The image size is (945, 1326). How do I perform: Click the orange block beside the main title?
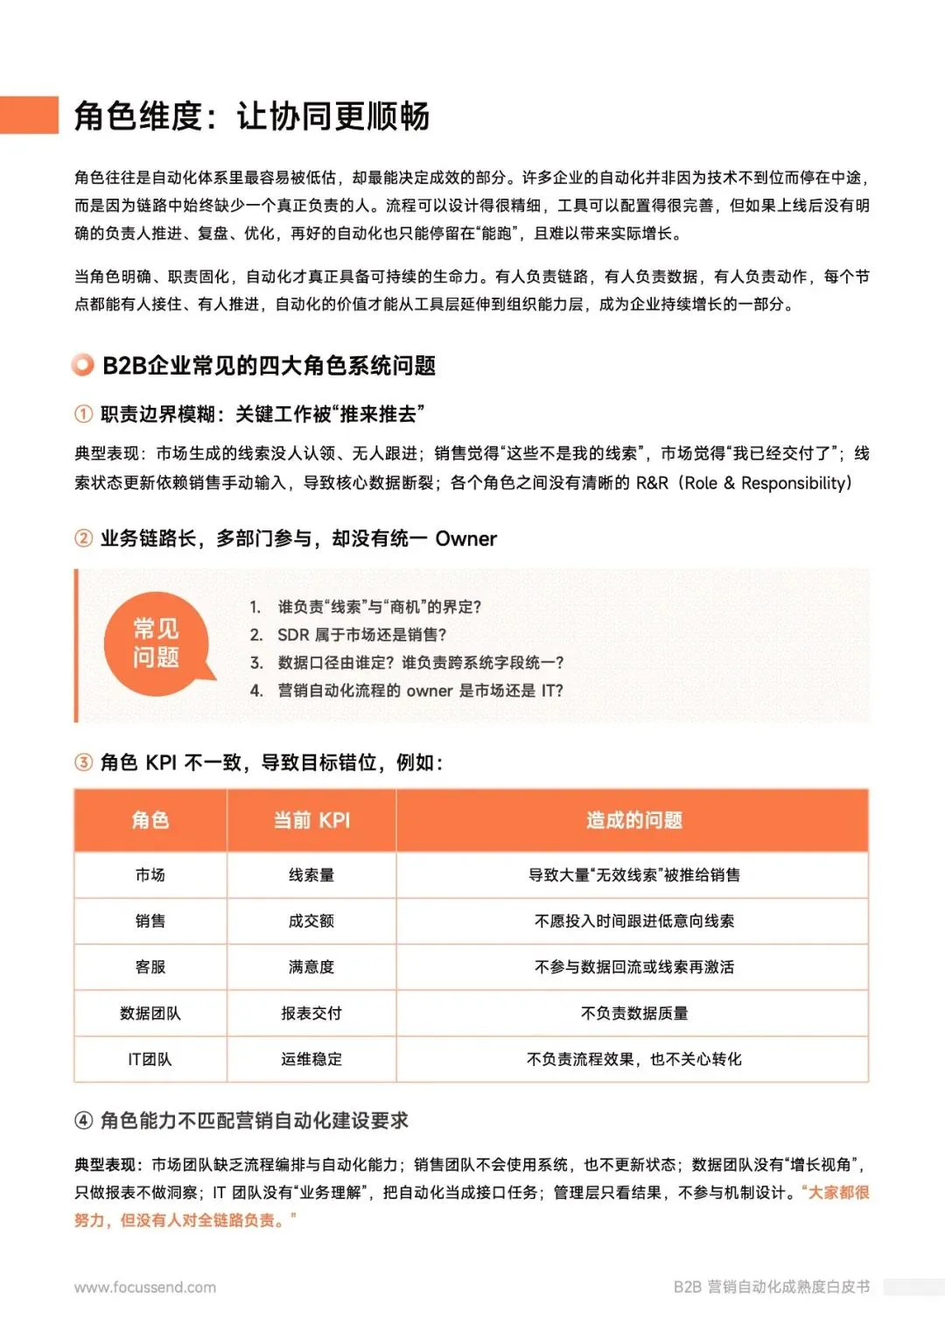(29, 115)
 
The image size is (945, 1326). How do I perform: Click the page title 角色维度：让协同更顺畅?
(252, 116)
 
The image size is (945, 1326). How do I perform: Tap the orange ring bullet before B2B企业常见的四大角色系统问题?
(83, 365)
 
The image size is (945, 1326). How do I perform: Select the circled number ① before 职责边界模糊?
(83, 414)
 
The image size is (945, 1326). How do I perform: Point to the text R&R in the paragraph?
(652, 483)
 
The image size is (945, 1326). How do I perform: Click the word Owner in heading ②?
(465, 539)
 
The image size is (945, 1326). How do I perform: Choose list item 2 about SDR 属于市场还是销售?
(361, 635)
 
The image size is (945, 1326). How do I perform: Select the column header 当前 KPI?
(311, 820)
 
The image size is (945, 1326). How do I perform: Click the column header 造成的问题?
(633, 820)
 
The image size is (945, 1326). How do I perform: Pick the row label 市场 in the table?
(150, 875)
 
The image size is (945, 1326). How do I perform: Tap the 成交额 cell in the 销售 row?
(311, 921)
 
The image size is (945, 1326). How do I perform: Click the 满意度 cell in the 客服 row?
(311, 967)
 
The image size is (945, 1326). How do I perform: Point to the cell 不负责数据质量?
(633, 1014)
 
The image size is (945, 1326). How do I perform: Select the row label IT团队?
(150, 1059)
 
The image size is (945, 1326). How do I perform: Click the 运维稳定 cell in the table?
(311, 1059)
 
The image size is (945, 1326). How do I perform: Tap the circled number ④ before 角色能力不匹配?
(83, 1120)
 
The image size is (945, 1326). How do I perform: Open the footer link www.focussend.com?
(145, 1287)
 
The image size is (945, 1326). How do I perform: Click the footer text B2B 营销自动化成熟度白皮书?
(771, 1287)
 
